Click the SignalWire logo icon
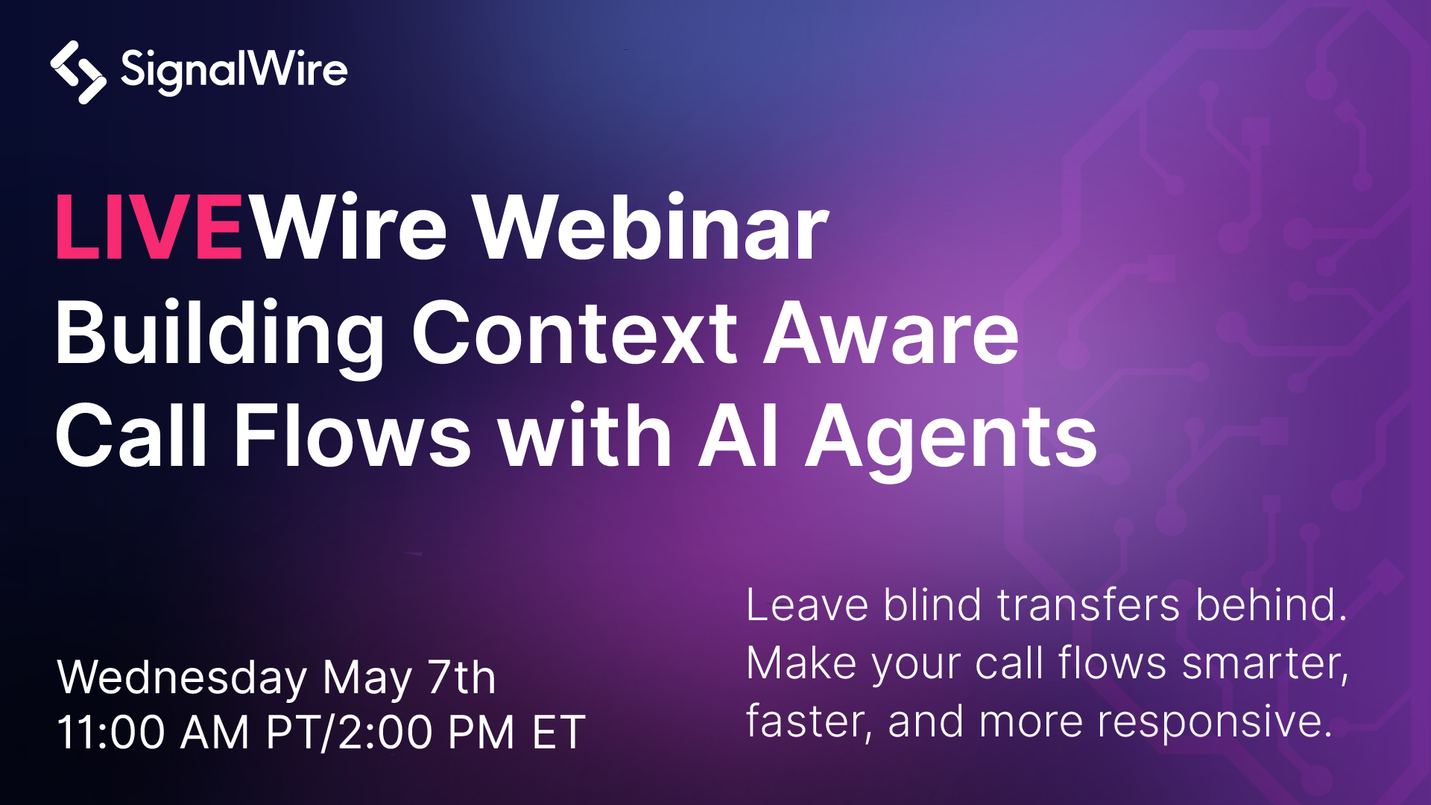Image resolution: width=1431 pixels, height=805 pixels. pyautogui.click(x=78, y=72)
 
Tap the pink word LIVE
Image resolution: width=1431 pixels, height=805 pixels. pyautogui.click(x=149, y=227)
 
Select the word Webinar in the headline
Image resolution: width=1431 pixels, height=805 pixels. pyautogui.click(x=651, y=227)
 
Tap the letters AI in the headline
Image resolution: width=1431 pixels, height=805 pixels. pyautogui.click(x=739, y=436)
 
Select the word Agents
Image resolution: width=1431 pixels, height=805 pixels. pyautogui.click(x=952, y=440)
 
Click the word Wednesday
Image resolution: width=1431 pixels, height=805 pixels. pyautogui.click(x=182, y=678)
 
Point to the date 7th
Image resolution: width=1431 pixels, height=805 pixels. pyautogui.click(x=461, y=677)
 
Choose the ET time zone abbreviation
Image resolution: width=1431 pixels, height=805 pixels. pyautogui.click(x=559, y=732)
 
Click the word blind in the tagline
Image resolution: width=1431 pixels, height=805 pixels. pyautogui.click(x=932, y=604)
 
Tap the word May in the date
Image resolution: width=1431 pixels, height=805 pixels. pyautogui.click(x=367, y=679)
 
